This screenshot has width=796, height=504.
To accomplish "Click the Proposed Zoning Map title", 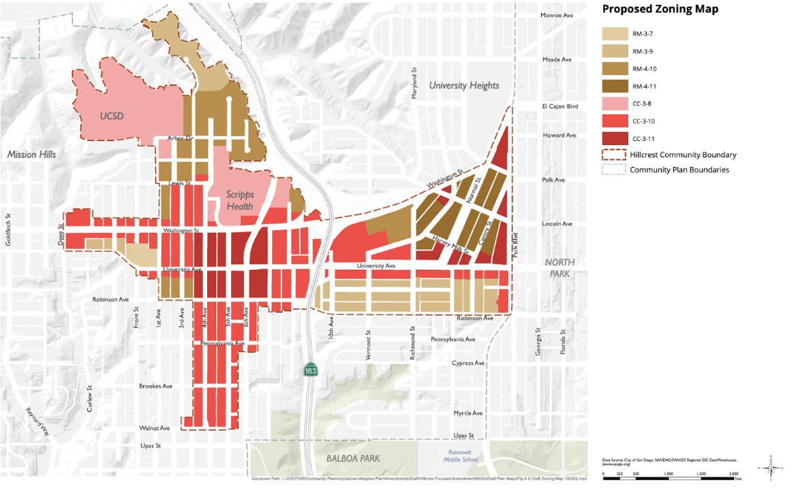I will (659, 10).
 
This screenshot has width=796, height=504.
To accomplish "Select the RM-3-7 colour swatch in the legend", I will (614, 33).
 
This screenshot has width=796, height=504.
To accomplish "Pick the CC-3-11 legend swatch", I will (614, 138).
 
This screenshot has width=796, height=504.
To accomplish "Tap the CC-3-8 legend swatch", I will (614, 104).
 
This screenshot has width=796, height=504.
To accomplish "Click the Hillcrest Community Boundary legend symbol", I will (614, 155).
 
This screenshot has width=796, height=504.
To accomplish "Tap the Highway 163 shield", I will (309, 370).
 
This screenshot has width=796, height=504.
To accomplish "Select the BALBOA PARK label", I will (354, 458).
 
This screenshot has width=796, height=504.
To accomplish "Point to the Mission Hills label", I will (31, 155).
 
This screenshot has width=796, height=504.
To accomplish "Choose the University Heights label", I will (464, 85).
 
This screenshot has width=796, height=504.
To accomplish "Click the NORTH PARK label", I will (560, 268).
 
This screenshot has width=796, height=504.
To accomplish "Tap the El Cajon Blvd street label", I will (560, 107).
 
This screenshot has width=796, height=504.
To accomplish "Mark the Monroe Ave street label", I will (557, 15).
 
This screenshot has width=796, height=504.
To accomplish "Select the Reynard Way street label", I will (38, 422).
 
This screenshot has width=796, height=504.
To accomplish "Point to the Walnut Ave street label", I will (155, 428).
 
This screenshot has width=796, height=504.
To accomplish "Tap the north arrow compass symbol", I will (771, 468).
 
